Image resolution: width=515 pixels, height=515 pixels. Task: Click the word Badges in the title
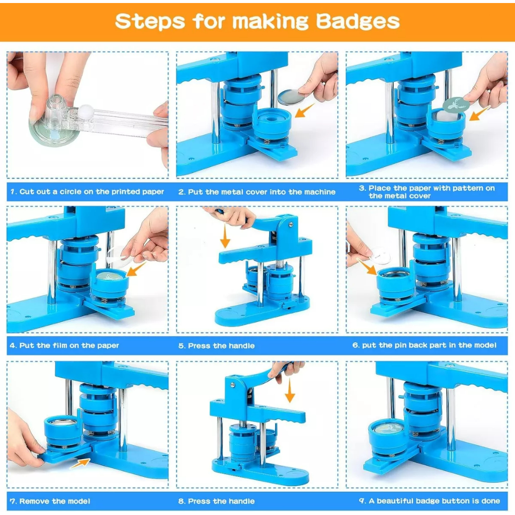[x=358, y=22]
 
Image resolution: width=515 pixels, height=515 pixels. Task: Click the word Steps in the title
[x=150, y=21]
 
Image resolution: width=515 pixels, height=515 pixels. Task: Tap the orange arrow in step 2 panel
[x=305, y=110]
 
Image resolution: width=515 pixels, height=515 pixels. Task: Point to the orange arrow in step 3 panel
[x=480, y=113]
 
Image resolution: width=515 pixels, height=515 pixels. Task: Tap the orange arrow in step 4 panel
[x=136, y=270]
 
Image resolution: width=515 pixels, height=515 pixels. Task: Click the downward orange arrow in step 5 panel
[x=225, y=236]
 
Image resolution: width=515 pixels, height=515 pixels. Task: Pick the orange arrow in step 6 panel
[x=367, y=266]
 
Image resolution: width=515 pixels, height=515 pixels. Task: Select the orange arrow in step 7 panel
[x=80, y=463]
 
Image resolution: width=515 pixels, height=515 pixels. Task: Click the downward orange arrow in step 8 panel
[x=289, y=390]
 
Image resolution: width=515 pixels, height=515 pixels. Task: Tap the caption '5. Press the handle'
[x=216, y=346]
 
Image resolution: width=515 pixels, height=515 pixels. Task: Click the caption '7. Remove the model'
[x=50, y=501]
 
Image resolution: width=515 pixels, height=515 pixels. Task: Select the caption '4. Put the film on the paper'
[x=64, y=345]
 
